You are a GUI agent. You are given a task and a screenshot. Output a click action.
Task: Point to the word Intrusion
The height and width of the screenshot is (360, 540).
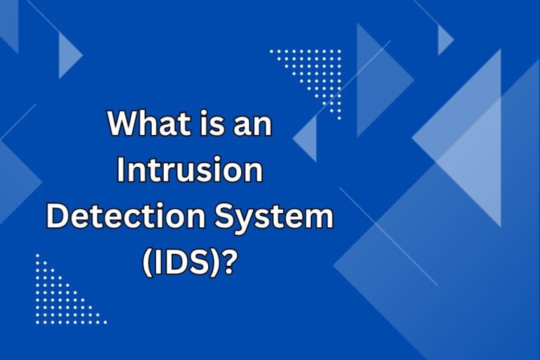pyautogui.click(x=190, y=172)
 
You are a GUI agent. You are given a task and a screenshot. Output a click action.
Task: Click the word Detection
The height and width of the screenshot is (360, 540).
pyautogui.click(x=117, y=217)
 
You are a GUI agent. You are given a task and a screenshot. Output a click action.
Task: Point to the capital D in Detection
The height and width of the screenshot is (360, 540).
pyautogui.click(x=58, y=217)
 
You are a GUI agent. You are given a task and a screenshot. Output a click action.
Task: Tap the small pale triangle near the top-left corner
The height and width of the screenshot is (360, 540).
pyautogui.click(x=67, y=52)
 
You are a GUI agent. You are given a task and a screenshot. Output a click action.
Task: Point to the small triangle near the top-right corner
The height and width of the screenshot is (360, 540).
pyautogui.click(x=444, y=39)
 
